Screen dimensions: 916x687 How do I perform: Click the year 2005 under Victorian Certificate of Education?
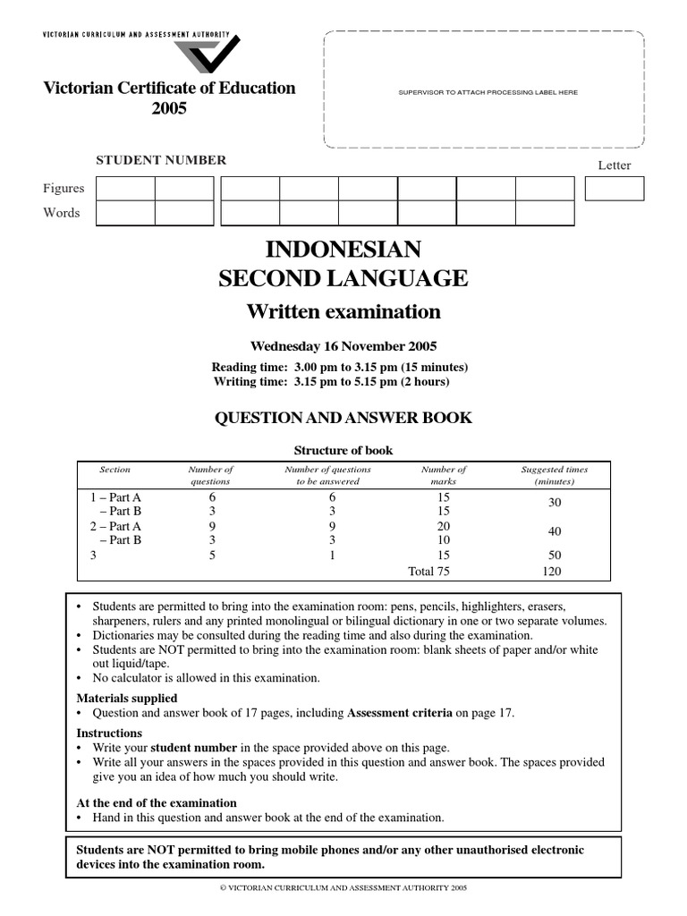coord(169,108)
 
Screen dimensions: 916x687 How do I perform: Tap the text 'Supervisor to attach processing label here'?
coord(481,92)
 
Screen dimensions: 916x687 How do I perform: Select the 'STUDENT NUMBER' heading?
coord(161,160)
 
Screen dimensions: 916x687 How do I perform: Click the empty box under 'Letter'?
coord(614,189)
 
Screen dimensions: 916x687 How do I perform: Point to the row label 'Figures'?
coord(64,188)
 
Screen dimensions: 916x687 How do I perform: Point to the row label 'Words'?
coord(62,213)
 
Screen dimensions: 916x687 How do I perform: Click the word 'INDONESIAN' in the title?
coord(343,249)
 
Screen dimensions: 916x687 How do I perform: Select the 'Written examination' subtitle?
coord(343,311)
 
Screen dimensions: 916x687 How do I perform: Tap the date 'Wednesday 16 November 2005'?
coord(343,346)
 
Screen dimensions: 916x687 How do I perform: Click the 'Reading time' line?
coord(340,367)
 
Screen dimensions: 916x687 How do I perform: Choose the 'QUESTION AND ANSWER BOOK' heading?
coord(343,418)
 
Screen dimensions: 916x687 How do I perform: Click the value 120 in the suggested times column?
coord(555,571)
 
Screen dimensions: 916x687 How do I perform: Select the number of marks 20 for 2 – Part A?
coord(443,526)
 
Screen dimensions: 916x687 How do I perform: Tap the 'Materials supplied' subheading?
coord(127,698)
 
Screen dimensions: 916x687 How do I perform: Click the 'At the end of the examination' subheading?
coord(157,802)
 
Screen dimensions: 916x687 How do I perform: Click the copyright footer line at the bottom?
coord(343,888)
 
